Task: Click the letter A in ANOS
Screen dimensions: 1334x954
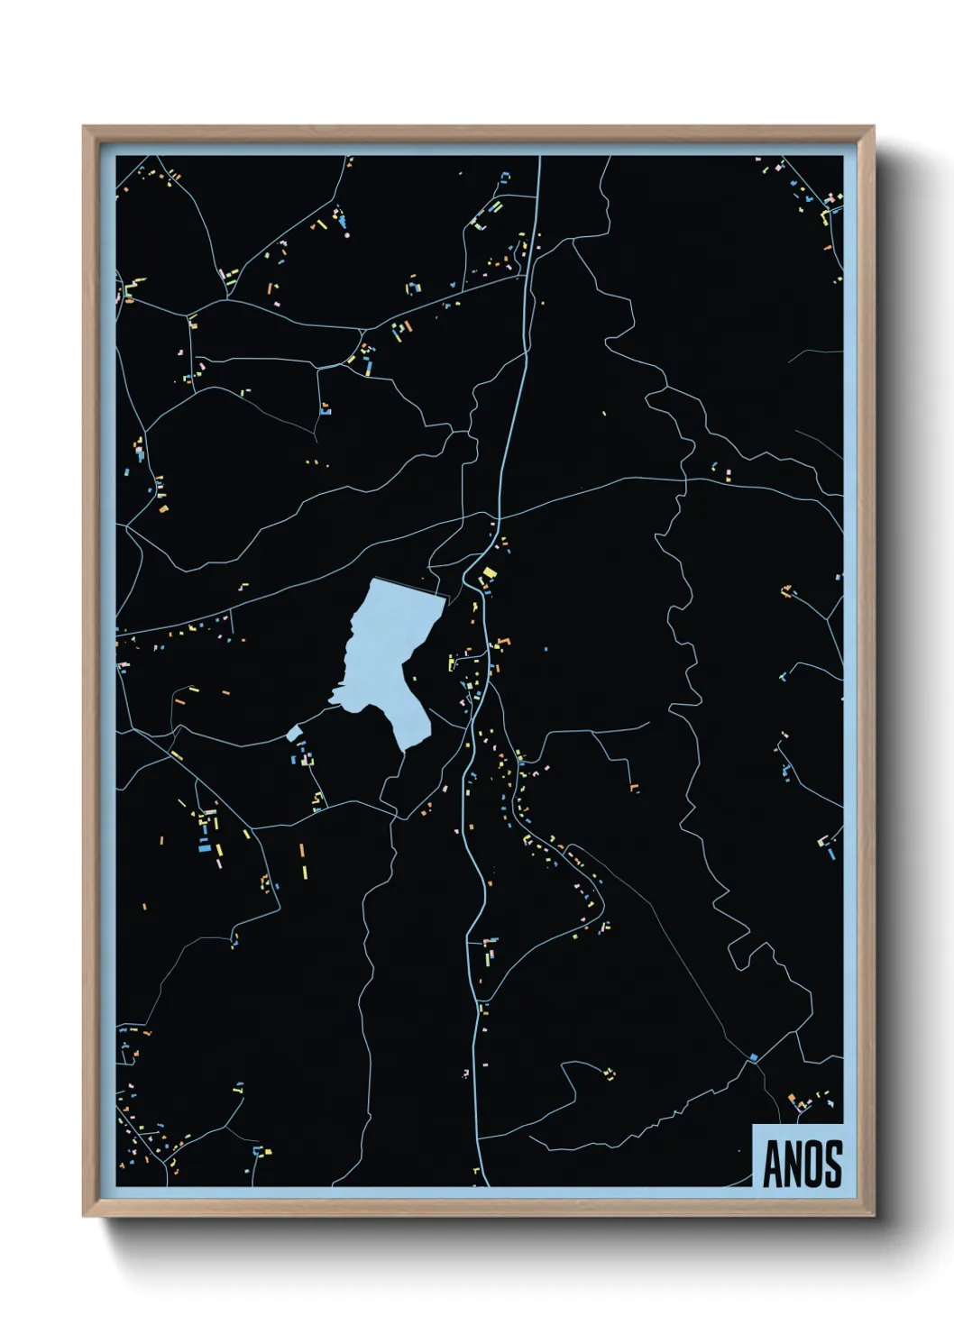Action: pos(772,1165)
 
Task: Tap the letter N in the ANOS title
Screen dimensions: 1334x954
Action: pos(792,1165)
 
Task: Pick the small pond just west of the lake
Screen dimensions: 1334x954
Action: pos(293,733)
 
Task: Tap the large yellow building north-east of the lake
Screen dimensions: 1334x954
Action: pos(489,573)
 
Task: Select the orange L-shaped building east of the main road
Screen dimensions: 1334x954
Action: pos(635,788)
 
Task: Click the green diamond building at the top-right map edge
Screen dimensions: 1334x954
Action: pos(839,194)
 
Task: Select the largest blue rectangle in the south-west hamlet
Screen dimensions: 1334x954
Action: pos(205,847)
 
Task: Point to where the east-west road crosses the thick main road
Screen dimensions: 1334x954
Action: pos(499,517)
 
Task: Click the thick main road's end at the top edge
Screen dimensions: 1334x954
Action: pos(539,159)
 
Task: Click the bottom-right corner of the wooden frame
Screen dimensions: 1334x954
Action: pos(873,1215)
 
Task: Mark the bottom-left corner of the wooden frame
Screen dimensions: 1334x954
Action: pos(85,1215)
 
